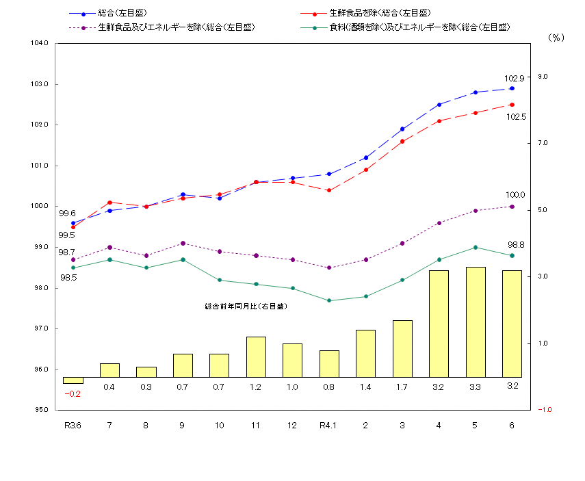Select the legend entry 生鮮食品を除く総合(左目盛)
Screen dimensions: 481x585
(379, 13)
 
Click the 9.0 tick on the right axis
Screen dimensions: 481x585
(542, 77)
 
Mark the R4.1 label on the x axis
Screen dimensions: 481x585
(328, 426)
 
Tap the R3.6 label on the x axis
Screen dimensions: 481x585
(73, 426)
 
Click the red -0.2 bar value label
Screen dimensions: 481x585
(73, 394)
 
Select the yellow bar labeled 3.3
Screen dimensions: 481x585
(475, 322)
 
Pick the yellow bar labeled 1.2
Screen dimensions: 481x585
(255, 356)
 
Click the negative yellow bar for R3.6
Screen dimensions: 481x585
(73, 380)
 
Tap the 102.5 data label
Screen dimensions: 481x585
(515, 117)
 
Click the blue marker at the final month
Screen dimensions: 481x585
(512, 88)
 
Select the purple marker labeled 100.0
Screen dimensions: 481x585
(512, 206)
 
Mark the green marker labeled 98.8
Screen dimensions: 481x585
(512, 255)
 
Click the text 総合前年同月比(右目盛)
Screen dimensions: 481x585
(245, 307)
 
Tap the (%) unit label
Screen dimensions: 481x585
(556, 38)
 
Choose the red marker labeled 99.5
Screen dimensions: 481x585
(73, 227)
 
